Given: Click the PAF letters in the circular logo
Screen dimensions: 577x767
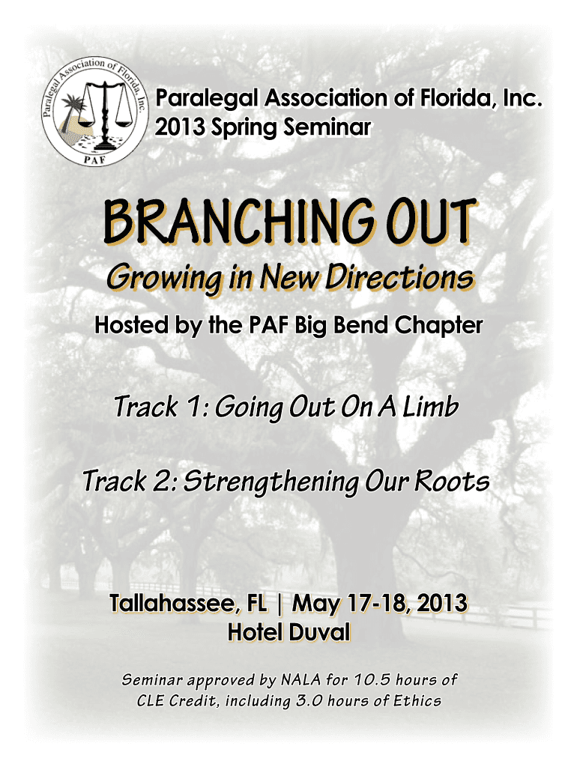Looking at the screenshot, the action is [x=94, y=160].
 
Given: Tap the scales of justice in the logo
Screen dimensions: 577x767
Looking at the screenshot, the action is [x=104, y=115].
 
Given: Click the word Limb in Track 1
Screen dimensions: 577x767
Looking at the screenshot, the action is [x=431, y=406].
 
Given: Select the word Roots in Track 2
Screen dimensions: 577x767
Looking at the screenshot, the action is [x=452, y=481].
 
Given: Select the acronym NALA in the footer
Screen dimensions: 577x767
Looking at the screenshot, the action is [x=300, y=680].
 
